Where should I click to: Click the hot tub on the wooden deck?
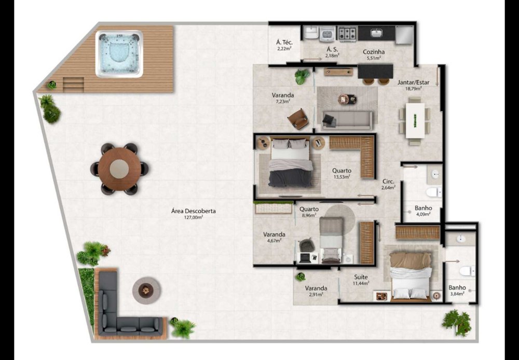point(119,53)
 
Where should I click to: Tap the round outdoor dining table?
point(119,169)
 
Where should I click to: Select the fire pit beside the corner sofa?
point(147,290)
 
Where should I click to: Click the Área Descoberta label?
point(194,211)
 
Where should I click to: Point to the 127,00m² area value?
point(193,217)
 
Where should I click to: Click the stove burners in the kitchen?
point(347,33)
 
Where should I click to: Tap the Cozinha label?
point(374,52)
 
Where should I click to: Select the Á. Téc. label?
point(284,43)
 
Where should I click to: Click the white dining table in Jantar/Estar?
point(415,120)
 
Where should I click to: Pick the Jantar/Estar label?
point(414,82)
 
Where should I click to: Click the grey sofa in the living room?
point(347,120)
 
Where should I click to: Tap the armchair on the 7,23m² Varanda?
point(298,119)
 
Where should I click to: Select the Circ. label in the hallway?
point(388,182)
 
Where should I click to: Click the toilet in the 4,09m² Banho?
point(434,192)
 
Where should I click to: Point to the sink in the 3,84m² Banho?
point(460,238)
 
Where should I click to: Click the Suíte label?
point(361,277)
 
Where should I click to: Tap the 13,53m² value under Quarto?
point(342,177)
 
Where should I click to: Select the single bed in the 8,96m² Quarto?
point(331,240)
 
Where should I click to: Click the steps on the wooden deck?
point(74,85)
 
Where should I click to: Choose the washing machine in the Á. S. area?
point(327,34)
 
